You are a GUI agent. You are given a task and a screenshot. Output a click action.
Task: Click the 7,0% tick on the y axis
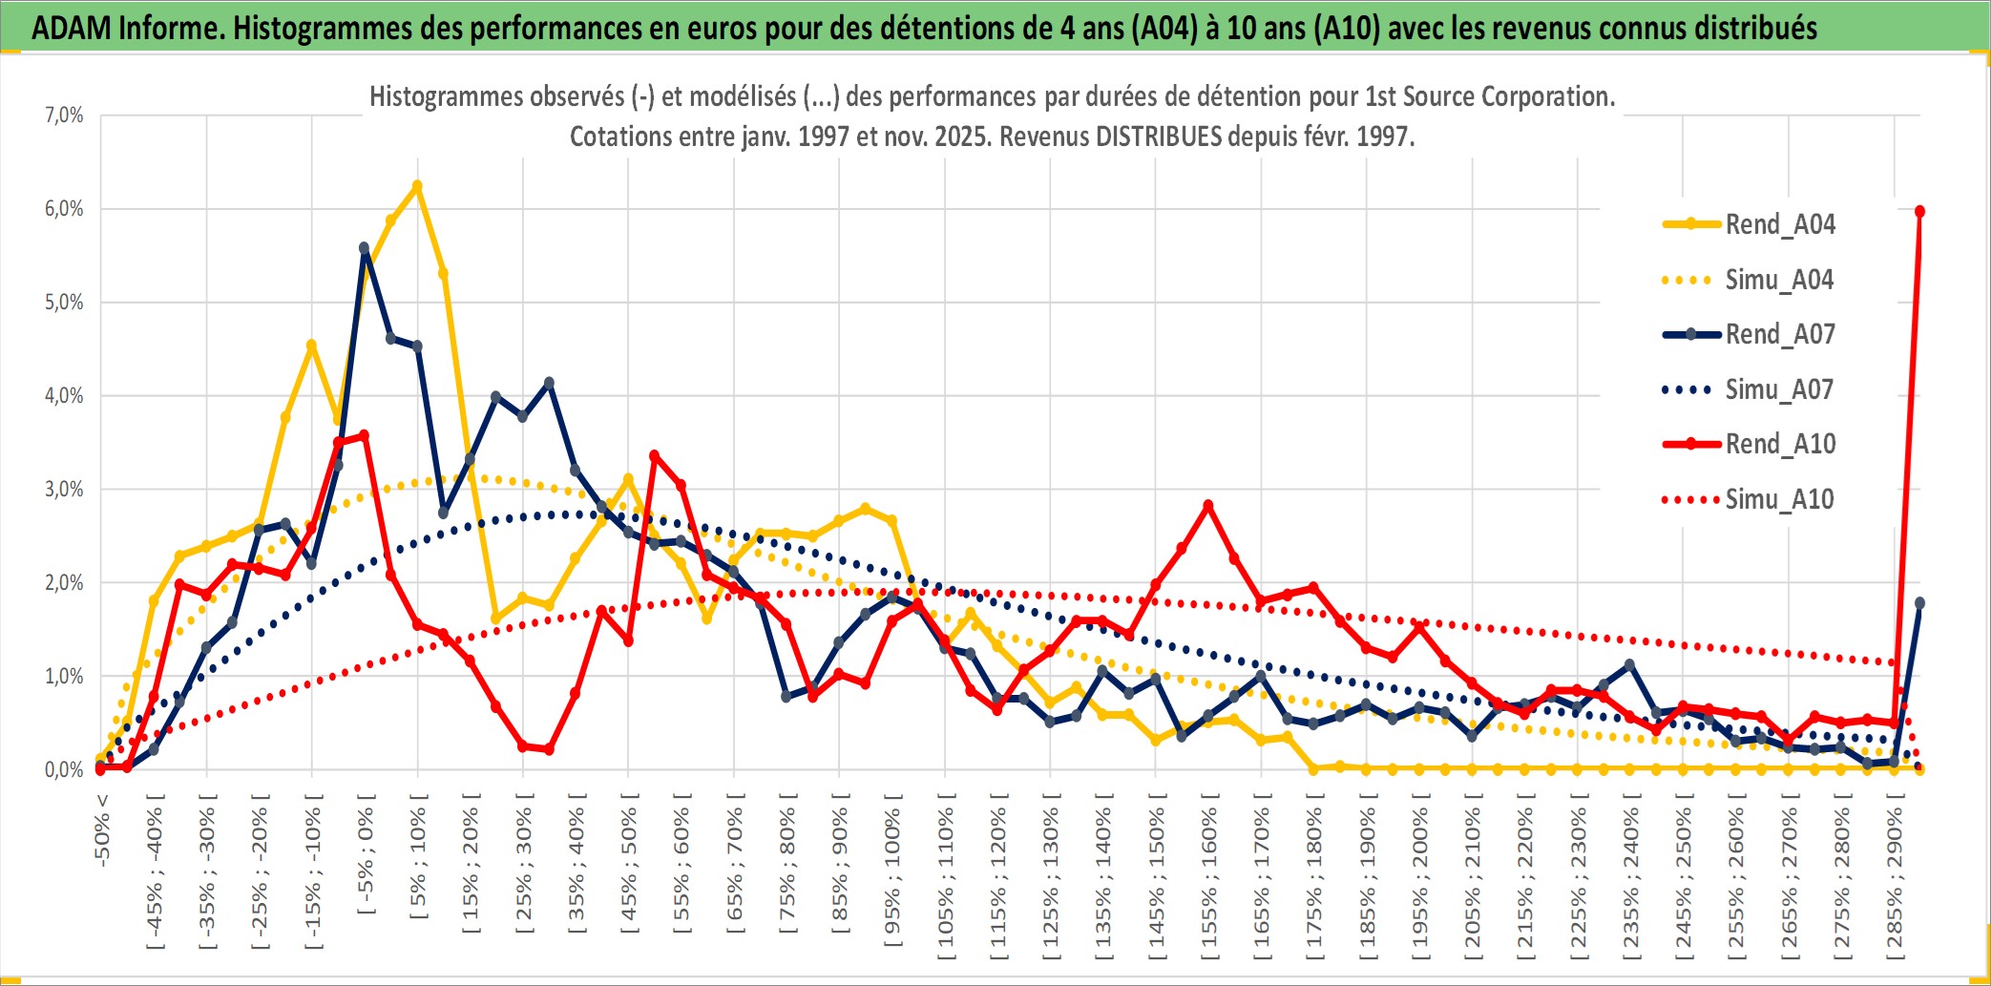(64, 115)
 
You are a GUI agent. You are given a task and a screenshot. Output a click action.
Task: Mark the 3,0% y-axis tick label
(64, 490)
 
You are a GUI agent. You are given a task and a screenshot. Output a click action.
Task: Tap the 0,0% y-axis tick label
(64, 770)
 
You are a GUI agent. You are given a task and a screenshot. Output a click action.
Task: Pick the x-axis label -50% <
(101, 830)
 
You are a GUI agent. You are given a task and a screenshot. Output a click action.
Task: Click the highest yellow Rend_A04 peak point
(417, 185)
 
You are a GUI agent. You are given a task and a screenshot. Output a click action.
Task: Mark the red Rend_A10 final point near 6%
(1919, 211)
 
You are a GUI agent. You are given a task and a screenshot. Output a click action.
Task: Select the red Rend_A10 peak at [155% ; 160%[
(1208, 505)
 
